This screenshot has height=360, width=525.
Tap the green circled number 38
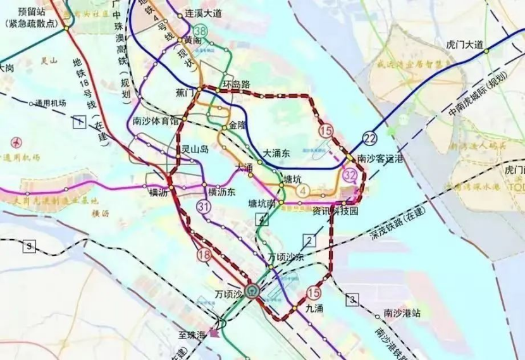(201, 30)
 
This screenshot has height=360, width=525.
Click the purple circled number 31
(204, 206)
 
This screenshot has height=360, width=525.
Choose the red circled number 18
(204, 255)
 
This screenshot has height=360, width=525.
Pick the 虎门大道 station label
(465, 44)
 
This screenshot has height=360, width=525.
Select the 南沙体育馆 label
(156, 122)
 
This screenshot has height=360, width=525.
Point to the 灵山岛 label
(195, 149)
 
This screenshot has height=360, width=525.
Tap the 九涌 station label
(314, 309)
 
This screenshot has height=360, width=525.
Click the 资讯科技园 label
(336, 212)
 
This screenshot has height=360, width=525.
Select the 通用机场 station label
(51, 103)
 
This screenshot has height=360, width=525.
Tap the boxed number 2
(309, 239)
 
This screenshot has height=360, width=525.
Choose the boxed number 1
(78, 122)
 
